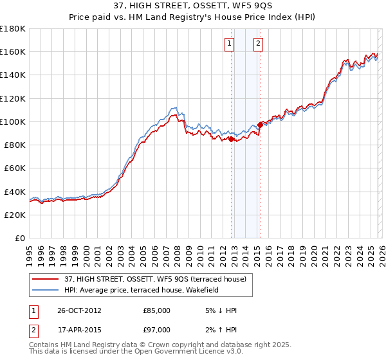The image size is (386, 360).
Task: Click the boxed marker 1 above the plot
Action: [230, 44]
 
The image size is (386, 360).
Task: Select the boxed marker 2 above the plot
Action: [258, 44]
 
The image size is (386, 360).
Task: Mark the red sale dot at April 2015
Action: [260, 125]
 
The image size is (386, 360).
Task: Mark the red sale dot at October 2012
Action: [232, 139]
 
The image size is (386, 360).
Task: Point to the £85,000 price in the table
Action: [157, 310]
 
